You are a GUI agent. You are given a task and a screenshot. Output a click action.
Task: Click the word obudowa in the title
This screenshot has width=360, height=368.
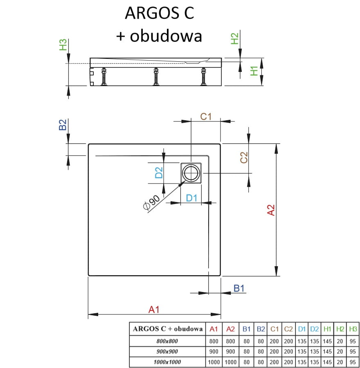[x=166, y=36]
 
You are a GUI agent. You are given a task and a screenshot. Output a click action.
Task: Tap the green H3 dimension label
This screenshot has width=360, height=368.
[x=63, y=45]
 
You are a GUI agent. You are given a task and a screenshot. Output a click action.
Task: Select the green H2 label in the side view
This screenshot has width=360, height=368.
[x=234, y=39]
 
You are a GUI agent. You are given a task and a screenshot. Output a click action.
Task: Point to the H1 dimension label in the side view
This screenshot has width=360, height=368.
[x=254, y=71]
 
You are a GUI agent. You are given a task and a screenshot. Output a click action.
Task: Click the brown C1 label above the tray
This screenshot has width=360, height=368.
[x=206, y=117]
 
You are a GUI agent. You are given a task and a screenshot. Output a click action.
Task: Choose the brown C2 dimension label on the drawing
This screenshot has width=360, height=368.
[x=244, y=157]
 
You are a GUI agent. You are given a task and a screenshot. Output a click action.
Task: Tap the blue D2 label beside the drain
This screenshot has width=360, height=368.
[x=159, y=173]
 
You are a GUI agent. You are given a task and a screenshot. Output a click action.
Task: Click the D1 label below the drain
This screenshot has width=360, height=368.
[x=191, y=198]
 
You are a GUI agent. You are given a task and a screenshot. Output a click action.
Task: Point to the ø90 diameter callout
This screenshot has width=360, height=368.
[x=151, y=202]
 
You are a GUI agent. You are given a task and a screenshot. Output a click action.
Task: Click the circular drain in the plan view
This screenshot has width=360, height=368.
[x=191, y=173]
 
